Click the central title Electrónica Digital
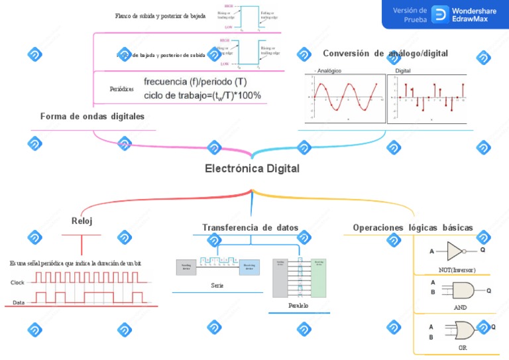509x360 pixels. tap(252, 169)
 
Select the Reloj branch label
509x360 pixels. tap(82, 221)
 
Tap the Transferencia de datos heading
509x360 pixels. tap(250, 227)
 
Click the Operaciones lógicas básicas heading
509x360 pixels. tap(413, 227)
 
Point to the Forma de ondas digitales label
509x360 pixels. tap(92, 116)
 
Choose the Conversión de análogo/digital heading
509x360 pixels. tap(385, 53)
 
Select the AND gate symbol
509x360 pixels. tap(463, 290)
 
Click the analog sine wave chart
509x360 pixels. tap(345, 97)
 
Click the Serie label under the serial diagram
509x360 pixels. tap(217, 285)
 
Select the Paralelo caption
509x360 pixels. tap(299, 306)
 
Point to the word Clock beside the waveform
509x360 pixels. tap(18, 282)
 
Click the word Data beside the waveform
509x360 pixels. tap(19, 303)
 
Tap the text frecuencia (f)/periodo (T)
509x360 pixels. tap(196, 82)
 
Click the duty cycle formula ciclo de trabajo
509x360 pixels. tap(202, 95)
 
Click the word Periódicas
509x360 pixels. tap(121, 88)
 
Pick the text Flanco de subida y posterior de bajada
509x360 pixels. tap(160, 15)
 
